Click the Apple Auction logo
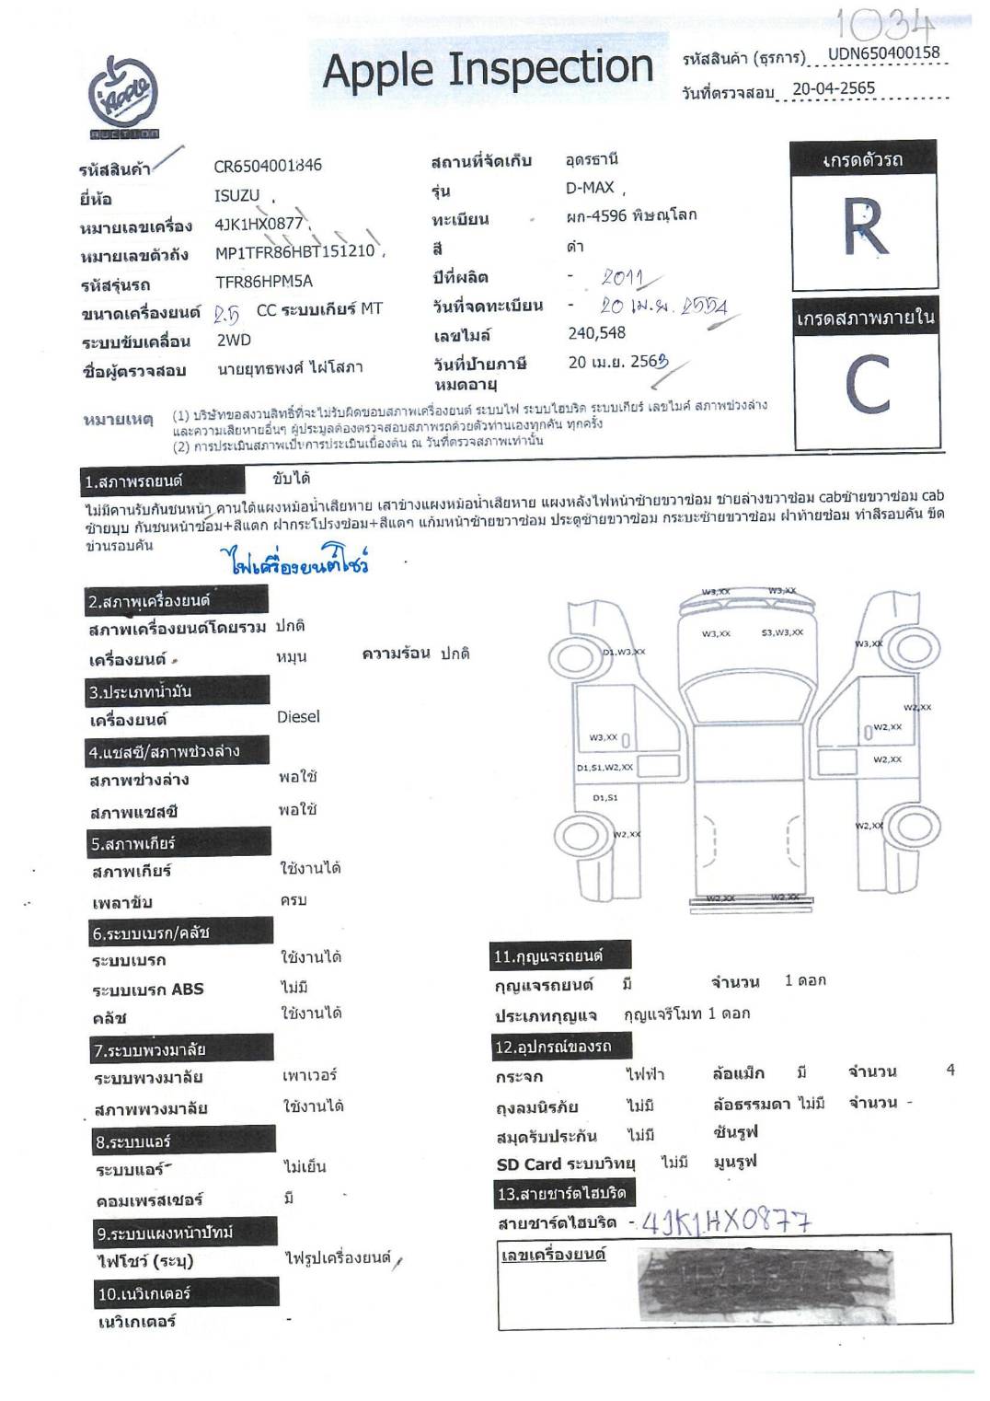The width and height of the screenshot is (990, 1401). click(x=124, y=98)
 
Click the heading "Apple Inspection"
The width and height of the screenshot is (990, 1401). click(x=488, y=70)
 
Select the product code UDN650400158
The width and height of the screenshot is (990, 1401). click(x=883, y=53)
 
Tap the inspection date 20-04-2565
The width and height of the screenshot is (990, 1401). click(x=833, y=89)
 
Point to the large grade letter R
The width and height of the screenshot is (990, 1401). click(x=865, y=226)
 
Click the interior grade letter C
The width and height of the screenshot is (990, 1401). click(x=867, y=385)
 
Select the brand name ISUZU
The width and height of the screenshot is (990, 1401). click(x=237, y=196)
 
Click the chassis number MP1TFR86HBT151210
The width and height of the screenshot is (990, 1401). click(x=295, y=251)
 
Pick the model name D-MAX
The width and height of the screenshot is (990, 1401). click(x=590, y=188)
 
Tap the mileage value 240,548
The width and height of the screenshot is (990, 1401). click(x=596, y=332)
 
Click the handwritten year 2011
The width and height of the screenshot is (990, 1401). click(x=624, y=277)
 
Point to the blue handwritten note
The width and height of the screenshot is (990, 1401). click(x=294, y=561)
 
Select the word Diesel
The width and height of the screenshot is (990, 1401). click(x=298, y=716)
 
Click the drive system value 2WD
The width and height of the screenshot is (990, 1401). click(x=234, y=340)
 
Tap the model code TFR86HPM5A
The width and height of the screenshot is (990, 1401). click(x=264, y=282)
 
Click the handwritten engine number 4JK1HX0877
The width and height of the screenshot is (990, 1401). click(x=726, y=1222)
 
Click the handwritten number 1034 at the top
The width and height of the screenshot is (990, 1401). click(x=885, y=24)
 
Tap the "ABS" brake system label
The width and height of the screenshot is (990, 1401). click(x=187, y=990)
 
